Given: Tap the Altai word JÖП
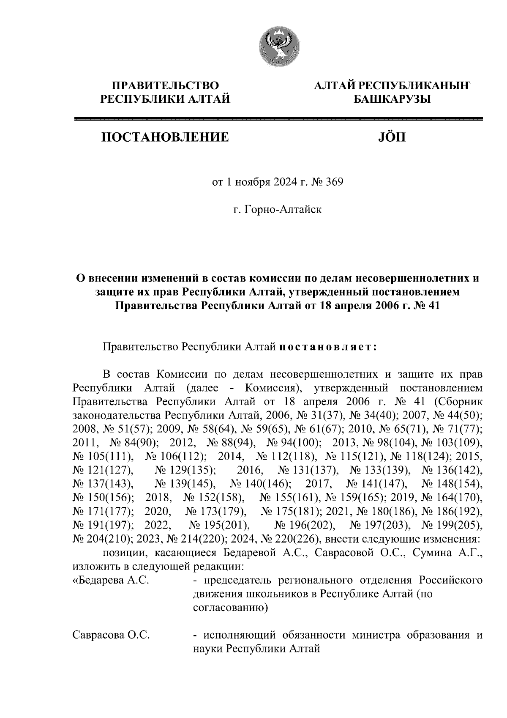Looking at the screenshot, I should (390, 137).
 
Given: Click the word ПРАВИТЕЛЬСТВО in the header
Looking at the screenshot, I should (165, 86).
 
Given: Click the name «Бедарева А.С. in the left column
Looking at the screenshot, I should (111, 581).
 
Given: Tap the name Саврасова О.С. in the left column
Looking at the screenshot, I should (112, 635).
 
